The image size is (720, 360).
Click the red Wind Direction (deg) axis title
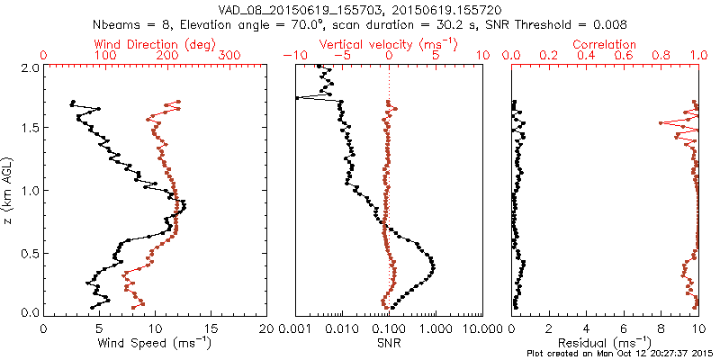click(155, 44)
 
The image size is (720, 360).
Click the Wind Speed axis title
click(155, 343)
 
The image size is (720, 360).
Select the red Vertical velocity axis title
click(388, 44)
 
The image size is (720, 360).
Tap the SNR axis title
click(388, 343)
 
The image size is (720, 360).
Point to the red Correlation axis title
click(605, 44)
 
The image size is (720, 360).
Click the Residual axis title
click(605, 343)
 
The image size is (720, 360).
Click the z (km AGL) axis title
click(8, 190)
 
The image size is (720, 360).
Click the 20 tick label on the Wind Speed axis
click(266, 328)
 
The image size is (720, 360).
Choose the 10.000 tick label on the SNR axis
click(481, 328)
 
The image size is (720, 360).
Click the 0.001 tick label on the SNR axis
click(294, 328)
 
